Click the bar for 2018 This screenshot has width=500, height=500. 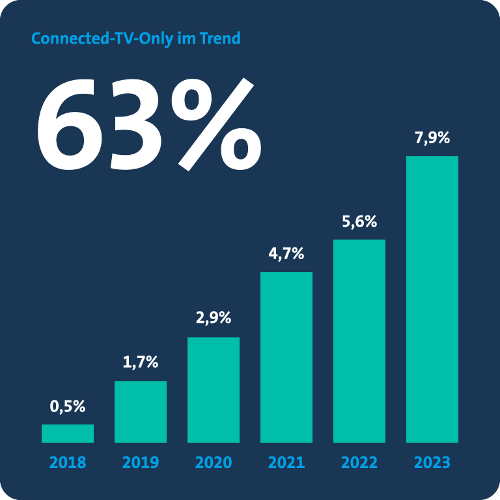(68, 434)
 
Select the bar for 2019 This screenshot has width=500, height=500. (141, 411)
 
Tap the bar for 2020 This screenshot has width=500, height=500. (214, 390)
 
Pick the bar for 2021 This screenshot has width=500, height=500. (286, 357)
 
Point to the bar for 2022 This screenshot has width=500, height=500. (359, 341)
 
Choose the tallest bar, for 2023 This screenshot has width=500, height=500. (432, 299)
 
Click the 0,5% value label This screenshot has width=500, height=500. (68, 407)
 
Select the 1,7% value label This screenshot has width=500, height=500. (141, 363)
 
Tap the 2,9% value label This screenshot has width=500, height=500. (214, 319)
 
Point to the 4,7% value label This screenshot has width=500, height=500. (286, 254)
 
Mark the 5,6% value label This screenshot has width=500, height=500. (359, 221)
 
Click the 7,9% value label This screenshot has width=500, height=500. (432, 139)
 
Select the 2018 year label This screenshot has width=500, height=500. (68, 463)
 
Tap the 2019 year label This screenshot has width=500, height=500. (141, 463)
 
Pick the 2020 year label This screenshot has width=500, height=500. (214, 463)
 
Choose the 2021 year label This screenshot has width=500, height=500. (286, 463)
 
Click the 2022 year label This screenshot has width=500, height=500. (359, 463)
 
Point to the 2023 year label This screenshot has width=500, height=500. (432, 463)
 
